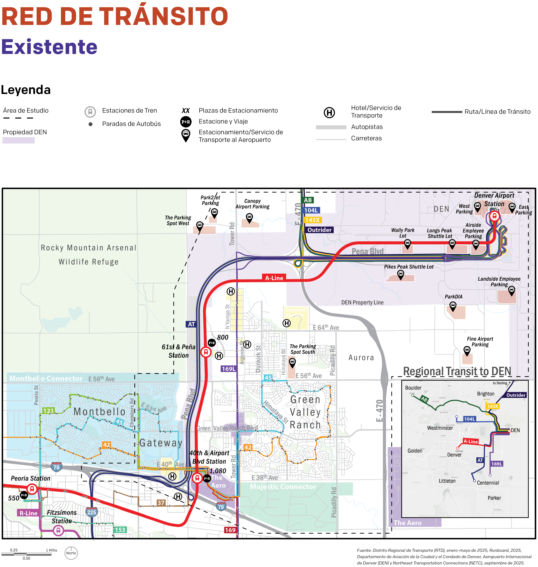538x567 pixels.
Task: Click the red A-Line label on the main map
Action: [274, 278]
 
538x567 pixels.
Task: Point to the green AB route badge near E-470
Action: [308, 200]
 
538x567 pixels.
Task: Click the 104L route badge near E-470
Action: [311, 210]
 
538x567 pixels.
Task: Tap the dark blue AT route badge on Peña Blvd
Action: [191, 324]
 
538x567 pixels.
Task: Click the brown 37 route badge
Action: [161, 503]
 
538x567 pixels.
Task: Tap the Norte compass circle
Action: [71, 553]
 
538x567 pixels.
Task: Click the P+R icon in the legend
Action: [186, 122]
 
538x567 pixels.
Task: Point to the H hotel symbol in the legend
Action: [329, 113]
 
